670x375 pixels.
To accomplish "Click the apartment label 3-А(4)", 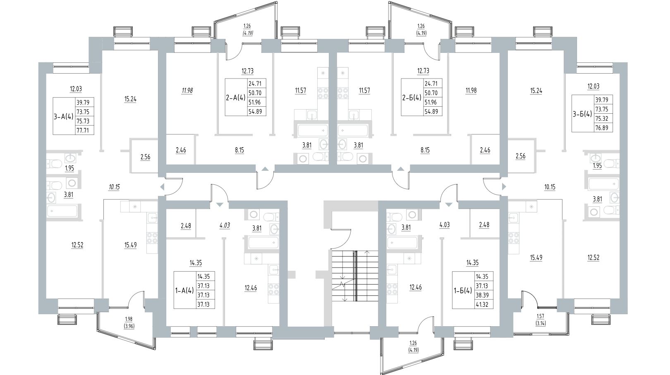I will pos(63,116).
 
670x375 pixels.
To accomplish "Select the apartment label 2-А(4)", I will pos(235,97).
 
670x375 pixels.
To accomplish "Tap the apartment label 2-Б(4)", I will pos(411,97).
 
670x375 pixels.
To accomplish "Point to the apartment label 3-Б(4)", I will pos(581,114).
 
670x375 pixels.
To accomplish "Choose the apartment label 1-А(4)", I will pos(184,290).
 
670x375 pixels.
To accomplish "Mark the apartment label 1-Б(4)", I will pos(462,290).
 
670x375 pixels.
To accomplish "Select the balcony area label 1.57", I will pos(541,316).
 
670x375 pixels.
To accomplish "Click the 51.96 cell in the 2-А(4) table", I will pos(257,102).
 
